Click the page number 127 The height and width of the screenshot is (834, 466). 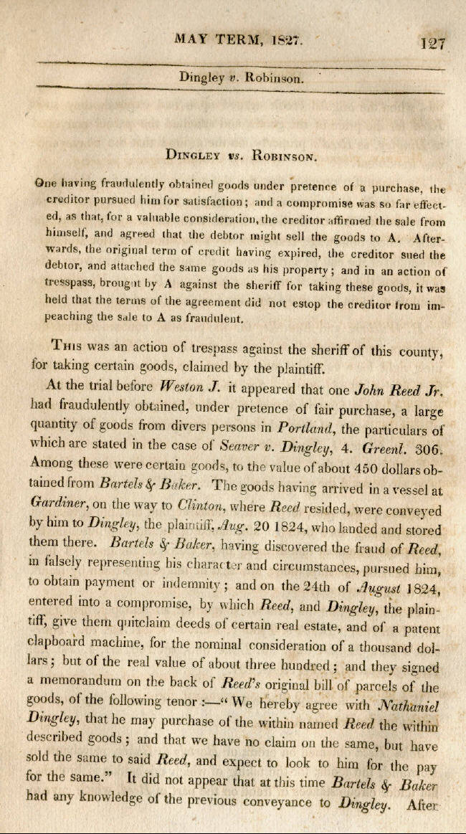432,42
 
